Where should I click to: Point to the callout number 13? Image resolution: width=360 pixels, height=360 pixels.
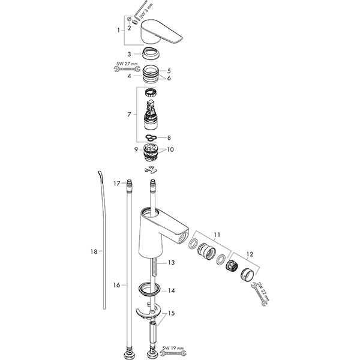pos(171,263)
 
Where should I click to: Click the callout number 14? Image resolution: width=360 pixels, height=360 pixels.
pos(171,290)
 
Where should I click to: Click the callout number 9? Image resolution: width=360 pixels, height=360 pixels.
pos(137,149)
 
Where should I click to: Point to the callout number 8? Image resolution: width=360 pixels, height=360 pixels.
pos(169,137)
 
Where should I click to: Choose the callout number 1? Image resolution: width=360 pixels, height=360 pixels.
pos(118,29)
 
